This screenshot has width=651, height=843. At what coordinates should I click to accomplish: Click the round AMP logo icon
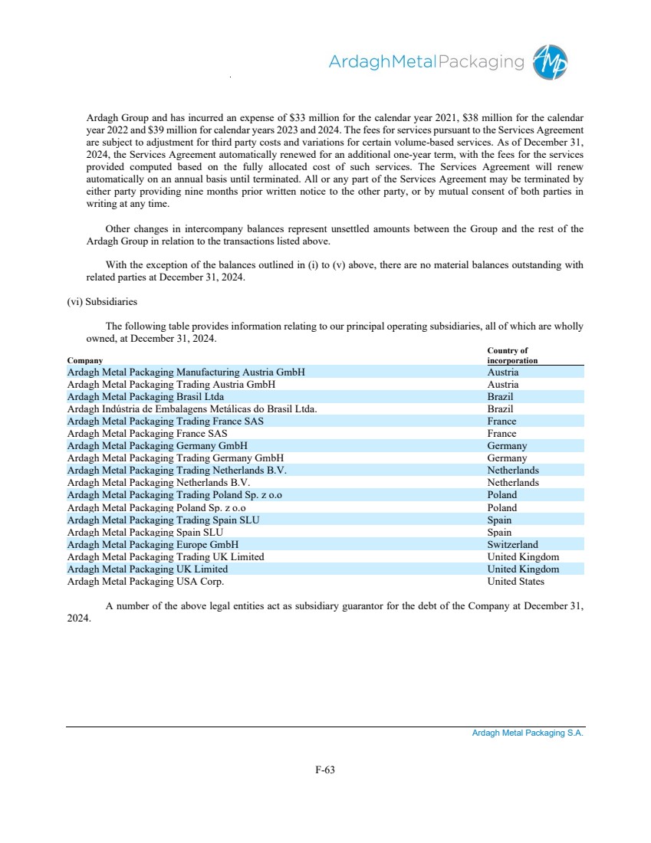[x=551, y=61]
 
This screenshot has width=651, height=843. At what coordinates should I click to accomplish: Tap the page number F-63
[x=325, y=770]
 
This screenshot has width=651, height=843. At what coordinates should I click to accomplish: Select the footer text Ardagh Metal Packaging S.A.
[x=528, y=733]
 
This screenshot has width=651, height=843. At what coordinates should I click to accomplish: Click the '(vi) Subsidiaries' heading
[x=102, y=302]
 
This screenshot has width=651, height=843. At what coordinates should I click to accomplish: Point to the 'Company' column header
[x=84, y=360]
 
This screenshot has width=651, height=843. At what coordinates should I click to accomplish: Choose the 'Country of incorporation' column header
[x=512, y=356]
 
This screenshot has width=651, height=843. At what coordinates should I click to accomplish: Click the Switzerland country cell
[x=512, y=545]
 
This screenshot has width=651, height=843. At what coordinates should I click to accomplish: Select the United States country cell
[x=515, y=582]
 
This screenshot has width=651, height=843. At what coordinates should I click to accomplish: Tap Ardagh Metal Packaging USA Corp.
[x=146, y=582]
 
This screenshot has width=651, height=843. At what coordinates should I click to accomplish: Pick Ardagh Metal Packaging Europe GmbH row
[x=153, y=545]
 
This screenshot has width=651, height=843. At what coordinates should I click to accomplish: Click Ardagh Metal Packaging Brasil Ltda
[x=146, y=397]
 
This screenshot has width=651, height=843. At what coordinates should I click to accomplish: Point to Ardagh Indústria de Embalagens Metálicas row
[x=192, y=409]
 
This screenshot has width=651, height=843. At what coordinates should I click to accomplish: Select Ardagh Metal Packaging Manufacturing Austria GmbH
[x=186, y=372]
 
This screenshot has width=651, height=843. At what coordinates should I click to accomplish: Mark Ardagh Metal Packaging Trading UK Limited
[x=166, y=557]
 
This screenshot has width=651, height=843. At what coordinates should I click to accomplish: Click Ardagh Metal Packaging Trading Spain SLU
[x=163, y=520]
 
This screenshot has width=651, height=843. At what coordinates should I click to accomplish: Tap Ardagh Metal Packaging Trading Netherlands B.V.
[x=177, y=471]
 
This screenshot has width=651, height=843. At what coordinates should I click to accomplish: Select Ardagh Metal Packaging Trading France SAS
[x=166, y=421]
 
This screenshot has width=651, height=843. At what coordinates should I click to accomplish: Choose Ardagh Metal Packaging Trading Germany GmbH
[x=176, y=458]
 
